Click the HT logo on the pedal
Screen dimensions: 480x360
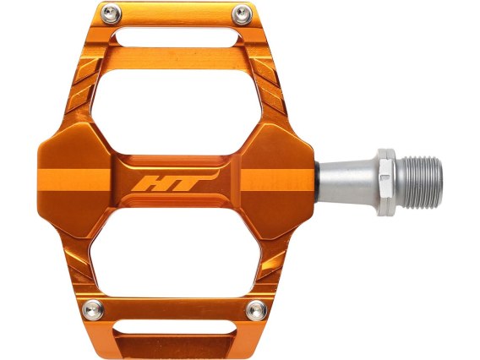174,181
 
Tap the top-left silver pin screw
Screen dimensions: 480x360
111,14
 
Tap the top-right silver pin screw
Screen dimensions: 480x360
243,14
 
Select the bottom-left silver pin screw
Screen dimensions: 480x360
93,310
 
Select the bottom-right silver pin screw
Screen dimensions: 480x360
256,310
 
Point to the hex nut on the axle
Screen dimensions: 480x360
387,182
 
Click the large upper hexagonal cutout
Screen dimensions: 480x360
177,112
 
